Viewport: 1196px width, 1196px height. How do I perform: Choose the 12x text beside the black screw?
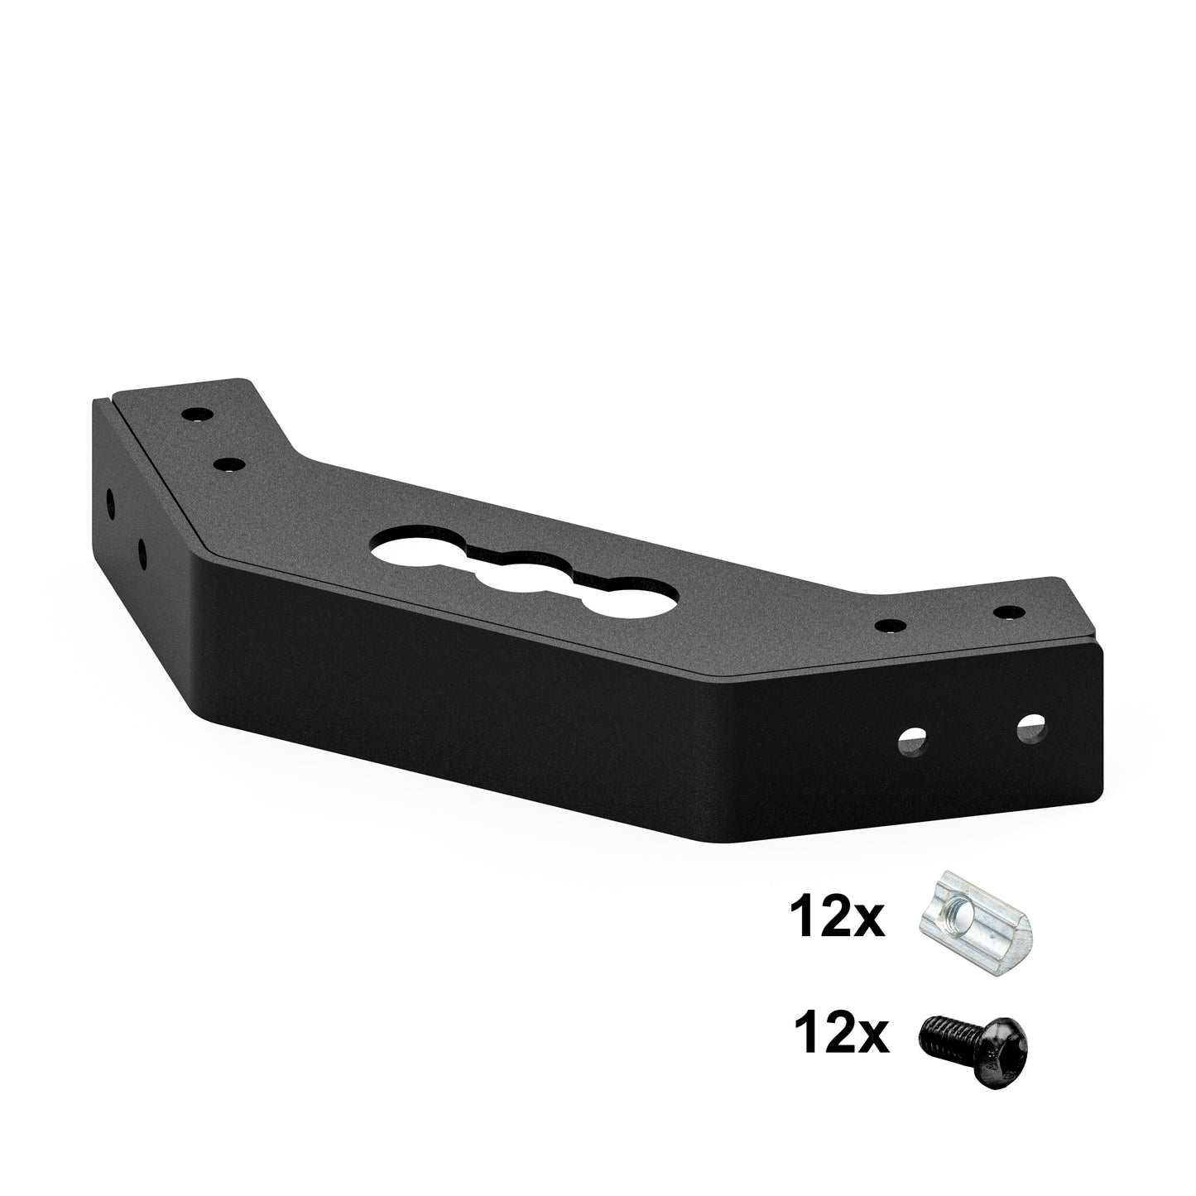tap(840, 1038)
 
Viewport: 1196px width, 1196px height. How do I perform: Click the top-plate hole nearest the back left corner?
tap(196, 413)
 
